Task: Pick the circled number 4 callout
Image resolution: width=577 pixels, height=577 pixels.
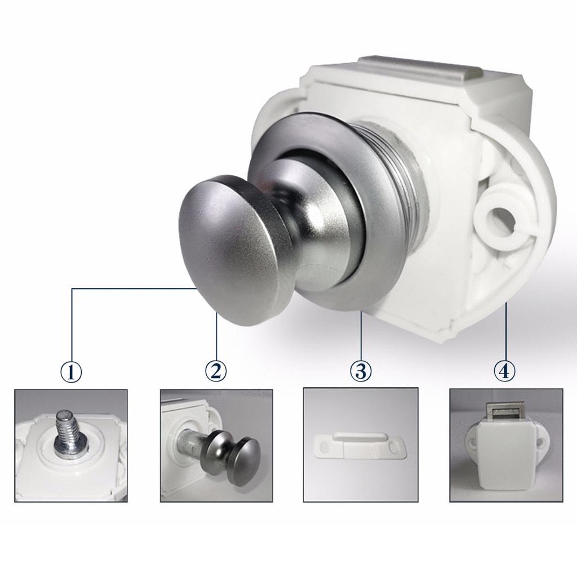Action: [x=504, y=371]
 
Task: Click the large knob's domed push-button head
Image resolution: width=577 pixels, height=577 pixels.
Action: [x=228, y=250]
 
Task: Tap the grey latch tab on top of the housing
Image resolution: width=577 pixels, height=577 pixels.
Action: [x=419, y=70]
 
